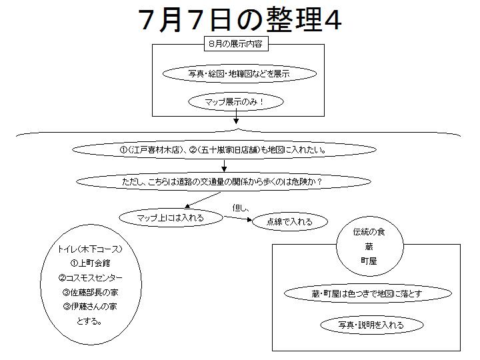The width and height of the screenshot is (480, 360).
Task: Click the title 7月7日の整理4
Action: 240,19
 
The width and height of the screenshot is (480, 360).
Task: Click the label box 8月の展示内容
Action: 236,44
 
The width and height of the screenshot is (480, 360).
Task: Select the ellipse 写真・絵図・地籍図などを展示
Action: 239,74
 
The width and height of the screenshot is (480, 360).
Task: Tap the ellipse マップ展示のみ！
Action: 236,101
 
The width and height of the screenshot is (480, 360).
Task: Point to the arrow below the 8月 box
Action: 236,117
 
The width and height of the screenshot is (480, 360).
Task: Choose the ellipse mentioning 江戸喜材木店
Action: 224,150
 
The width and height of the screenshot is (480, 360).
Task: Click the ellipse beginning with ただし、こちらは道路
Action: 223,181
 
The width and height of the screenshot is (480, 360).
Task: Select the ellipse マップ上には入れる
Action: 171,217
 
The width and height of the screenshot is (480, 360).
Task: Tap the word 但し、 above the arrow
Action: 241,208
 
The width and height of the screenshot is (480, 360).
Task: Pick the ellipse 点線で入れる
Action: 289,221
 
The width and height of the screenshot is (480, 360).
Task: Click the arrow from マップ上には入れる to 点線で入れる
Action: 237,218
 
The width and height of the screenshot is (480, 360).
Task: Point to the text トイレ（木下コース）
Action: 90,249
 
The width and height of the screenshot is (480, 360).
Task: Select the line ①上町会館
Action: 90,263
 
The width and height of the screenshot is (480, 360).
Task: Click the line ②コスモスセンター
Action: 90,278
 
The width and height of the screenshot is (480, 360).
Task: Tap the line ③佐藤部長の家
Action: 90,293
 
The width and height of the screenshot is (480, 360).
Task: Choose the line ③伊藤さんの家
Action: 90,307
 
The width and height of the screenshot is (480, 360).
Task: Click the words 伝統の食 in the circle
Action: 369,232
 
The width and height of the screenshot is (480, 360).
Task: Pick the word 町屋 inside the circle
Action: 369,261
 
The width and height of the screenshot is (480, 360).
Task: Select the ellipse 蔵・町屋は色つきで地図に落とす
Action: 367,293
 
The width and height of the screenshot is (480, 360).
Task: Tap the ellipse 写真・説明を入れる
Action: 371,325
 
